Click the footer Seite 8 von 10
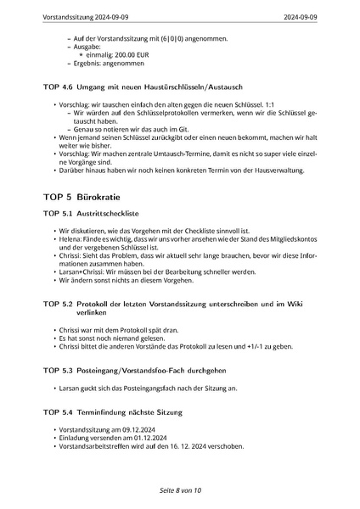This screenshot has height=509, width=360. (179, 490)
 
